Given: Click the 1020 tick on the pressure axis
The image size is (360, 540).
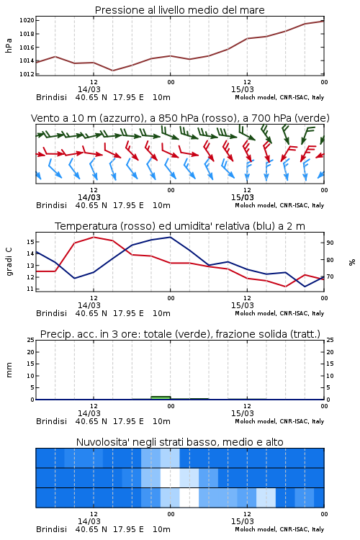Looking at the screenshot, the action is click(x=27, y=20).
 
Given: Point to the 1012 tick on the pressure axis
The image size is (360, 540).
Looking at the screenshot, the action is click(x=27, y=74).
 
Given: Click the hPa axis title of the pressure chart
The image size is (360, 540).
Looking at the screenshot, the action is click(x=9, y=45).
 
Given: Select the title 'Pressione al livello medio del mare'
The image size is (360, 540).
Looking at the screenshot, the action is click(x=180, y=10).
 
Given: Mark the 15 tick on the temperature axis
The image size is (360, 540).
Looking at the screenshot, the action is click(x=30, y=242).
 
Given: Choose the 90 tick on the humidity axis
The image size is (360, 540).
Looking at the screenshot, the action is click(x=330, y=243).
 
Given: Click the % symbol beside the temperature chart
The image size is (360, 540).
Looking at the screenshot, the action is click(x=352, y=262).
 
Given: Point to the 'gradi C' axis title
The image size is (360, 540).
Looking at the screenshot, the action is click(x=9, y=262).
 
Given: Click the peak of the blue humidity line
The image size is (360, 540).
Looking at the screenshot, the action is click(x=170, y=237).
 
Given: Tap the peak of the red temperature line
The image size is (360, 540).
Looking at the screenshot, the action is click(x=94, y=237).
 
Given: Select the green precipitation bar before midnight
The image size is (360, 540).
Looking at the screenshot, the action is click(x=161, y=397).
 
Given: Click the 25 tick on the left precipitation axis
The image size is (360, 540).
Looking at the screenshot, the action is click(x=30, y=341).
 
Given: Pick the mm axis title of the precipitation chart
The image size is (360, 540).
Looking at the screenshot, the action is click(x=9, y=370).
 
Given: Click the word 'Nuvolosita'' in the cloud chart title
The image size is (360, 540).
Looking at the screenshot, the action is click(x=99, y=442).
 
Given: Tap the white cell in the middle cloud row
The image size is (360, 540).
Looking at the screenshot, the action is click(x=170, y=477).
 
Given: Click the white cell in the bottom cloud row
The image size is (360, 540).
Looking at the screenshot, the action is click(x=189, y=498).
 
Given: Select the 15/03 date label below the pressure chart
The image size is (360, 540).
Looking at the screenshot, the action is click(x=243, y=89).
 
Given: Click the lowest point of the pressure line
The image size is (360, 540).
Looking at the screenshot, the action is click(x=112, y=71).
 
